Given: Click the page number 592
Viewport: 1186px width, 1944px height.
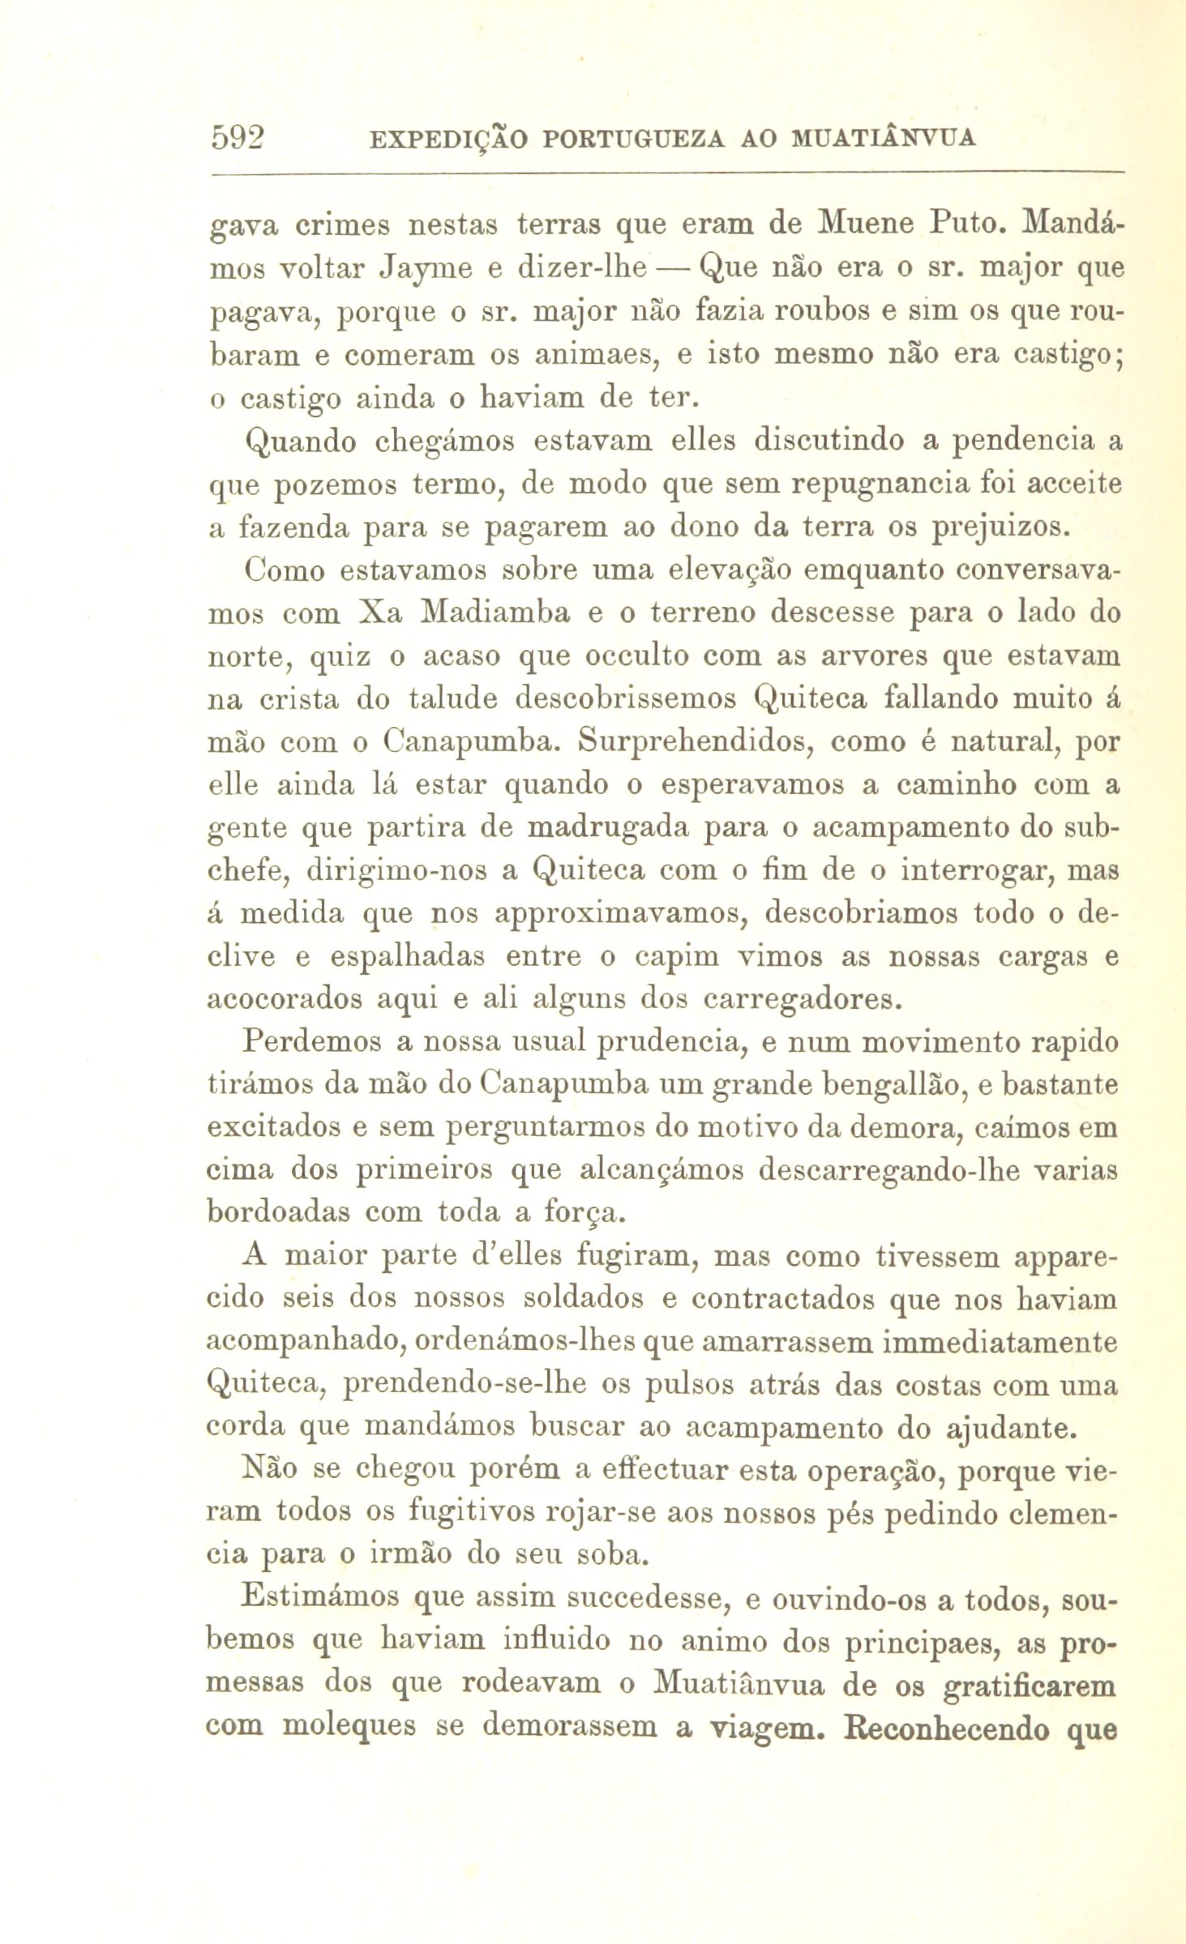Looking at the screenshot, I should (239, 139).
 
